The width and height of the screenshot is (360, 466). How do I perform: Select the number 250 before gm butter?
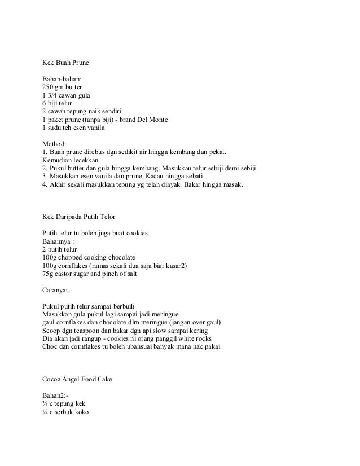(x=49, y=87)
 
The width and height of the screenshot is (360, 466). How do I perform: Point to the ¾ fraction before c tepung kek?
(x=45, y=403)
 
